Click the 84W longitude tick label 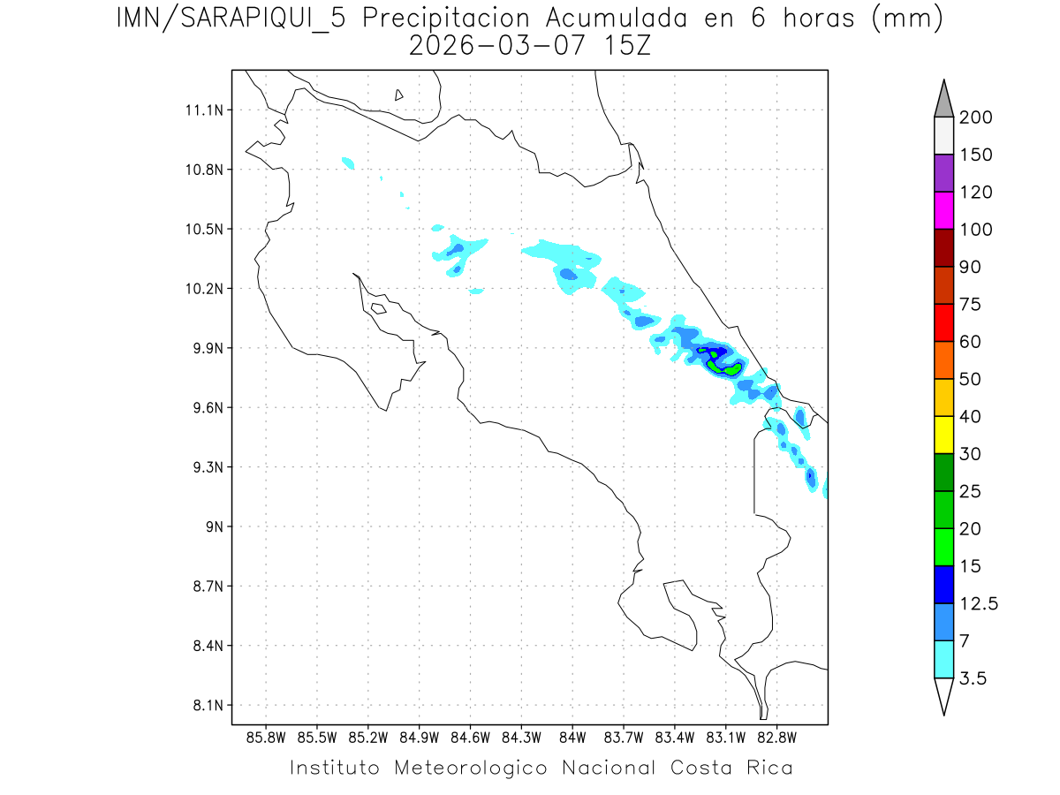point(572,737)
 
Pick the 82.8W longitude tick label point(776,737)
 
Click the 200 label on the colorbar point(976,117)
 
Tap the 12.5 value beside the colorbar point(978,604)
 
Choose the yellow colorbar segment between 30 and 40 point(943,435)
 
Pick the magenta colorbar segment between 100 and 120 point(943,210)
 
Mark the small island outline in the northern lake point(399,95)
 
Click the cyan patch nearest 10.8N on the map point(348,163)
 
